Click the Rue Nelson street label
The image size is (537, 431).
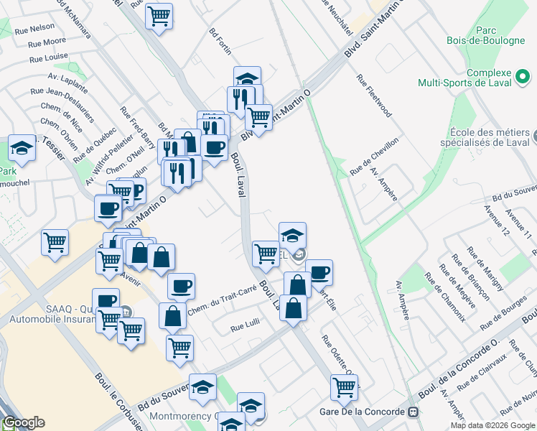click(x=42, y=27)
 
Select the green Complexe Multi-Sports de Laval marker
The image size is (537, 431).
click(x=524, y=75)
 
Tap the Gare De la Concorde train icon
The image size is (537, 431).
click(x=413, y=412)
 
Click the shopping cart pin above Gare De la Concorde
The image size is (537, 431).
click(x=345, y=387)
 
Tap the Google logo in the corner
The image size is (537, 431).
click(x=24, y=422)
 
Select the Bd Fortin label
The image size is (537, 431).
click(x=220, y=43)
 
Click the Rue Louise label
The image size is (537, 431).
click(x=48, y=57)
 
